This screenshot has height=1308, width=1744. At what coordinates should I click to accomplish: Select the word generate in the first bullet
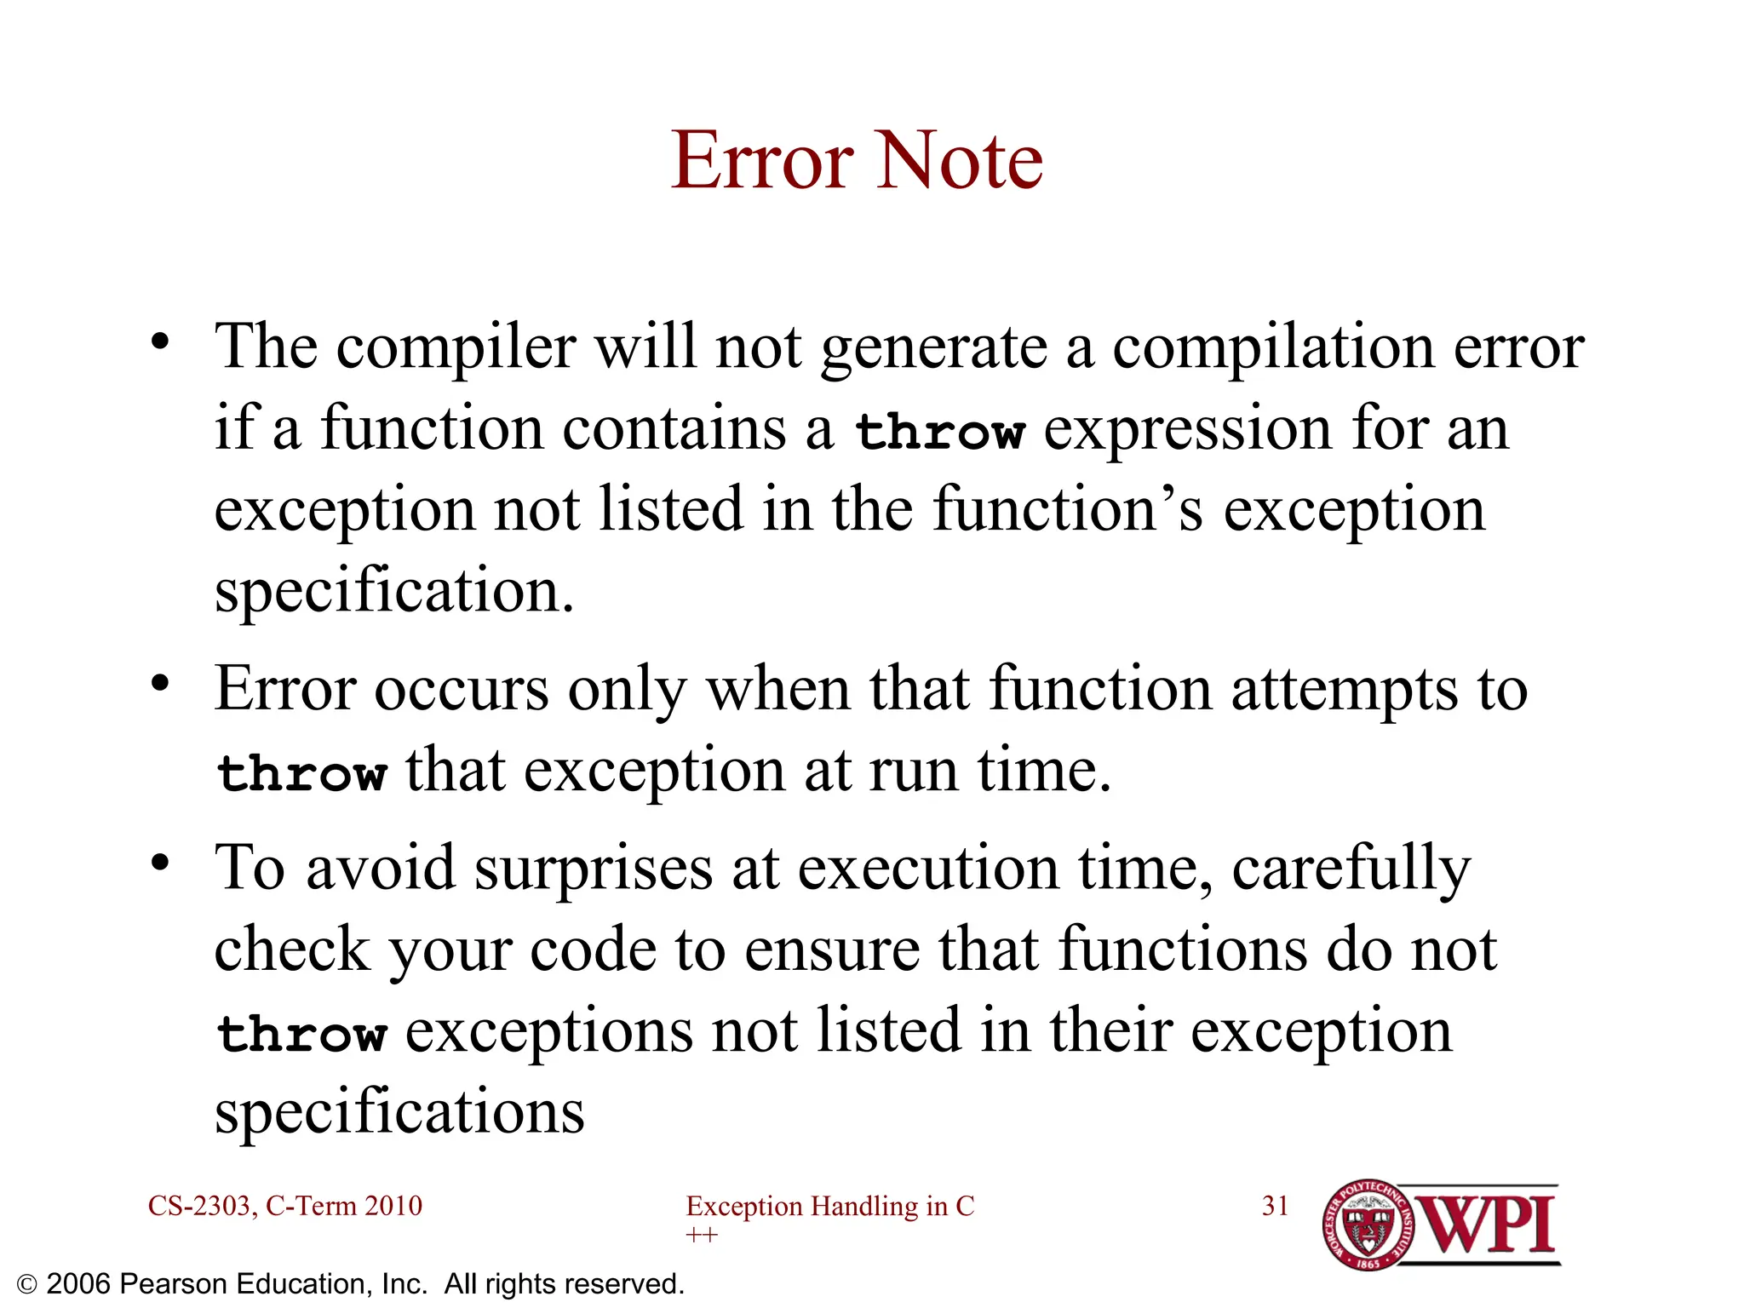tap(933, 349)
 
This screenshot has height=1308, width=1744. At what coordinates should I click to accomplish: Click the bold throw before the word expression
tap(938, 431)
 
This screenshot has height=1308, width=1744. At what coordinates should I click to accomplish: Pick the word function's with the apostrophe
tap(1068, 510)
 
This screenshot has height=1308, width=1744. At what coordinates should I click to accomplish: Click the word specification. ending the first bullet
tap(394, 591)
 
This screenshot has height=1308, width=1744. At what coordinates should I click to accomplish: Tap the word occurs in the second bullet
tap(462, 689)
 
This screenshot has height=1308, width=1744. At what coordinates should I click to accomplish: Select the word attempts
tap(1344, 691)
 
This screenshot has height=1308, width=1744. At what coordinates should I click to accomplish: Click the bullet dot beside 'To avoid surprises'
tap(160, 863)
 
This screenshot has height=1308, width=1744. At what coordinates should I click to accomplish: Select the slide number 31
tap(1275, 1206)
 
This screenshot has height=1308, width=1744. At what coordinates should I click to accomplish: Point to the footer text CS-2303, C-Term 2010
tap(284, 1206)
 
